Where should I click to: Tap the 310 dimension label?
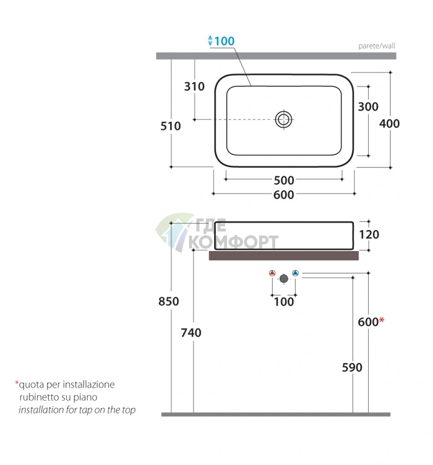tap(194, 87)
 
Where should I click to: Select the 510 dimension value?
tap(171, 126)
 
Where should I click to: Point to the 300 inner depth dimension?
tap(368, 107)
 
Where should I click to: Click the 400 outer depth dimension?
tap(390, 124)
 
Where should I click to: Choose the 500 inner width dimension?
tap(284, 181)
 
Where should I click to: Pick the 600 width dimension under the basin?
tap(283, 195)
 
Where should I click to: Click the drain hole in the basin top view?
tap(283, 119)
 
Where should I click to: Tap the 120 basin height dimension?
tap(369, 234)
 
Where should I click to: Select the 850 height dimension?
tap(169, 301)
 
